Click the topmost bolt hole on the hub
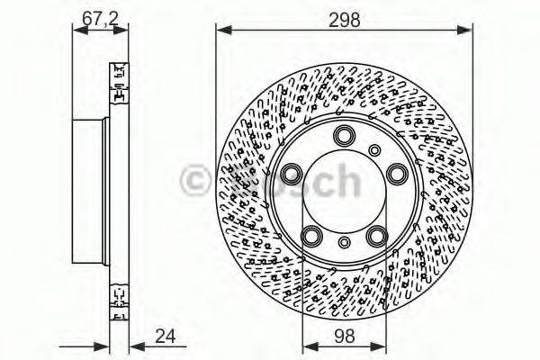pyautogui.click(x=343, y=136)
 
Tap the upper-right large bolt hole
pyautogui.click(x=393, y=173)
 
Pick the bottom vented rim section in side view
pyautogui.click(x=117, y=301)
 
